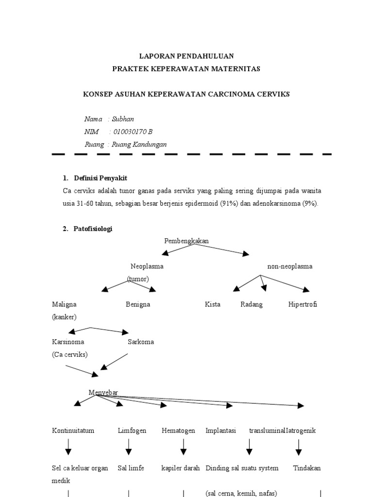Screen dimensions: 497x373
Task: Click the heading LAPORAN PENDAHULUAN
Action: [x=186, y=56]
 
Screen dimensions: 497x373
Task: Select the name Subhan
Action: [x=123, y=119]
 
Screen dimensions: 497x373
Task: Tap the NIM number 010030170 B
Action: [x=132, y=132]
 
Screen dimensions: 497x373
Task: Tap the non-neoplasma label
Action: [x=289, y=266]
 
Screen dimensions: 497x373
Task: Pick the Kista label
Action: [x=213, y=304]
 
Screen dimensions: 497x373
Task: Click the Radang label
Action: [x=252, y=304]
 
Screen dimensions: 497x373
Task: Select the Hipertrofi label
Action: [x=303, y=304]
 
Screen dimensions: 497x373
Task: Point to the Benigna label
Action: [x=137, y=304]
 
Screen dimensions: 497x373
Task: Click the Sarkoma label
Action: [x=141, y=342]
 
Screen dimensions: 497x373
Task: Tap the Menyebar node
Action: [x=103, y=392]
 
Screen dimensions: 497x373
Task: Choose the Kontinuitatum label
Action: [x=73, y=431]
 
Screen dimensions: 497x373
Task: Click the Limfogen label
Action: [x=132, y=431]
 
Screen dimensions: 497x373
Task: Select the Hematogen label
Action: [x=179, y=431]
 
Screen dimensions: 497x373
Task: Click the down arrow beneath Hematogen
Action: [x=184, y=447]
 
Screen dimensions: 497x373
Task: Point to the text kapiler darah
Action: [x=180, y=468]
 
